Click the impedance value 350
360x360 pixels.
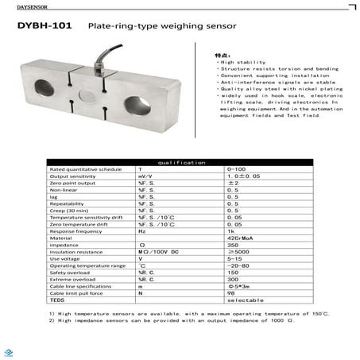[x=233, y=244]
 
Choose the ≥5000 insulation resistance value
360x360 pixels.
[x=238, y=252]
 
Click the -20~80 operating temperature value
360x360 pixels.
[x=238, y=265]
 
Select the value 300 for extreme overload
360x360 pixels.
[x=233, y=280]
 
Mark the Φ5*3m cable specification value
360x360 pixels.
[x=238, y=287]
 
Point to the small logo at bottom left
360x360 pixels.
[x=7, y=350]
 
